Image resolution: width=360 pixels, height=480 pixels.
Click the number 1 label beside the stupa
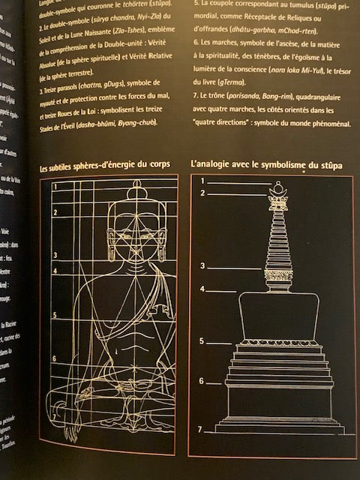(202, 181)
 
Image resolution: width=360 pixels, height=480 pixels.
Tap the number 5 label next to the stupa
(202, 342)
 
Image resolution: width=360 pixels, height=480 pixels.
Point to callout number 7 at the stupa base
(199, 430)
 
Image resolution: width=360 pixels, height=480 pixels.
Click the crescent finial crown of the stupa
(278, 199)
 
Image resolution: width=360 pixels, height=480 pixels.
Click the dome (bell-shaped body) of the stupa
(278, 315)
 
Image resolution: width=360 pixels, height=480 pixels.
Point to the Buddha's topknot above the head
(136, 191)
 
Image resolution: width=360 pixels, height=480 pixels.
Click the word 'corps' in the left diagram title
(156, 163)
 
